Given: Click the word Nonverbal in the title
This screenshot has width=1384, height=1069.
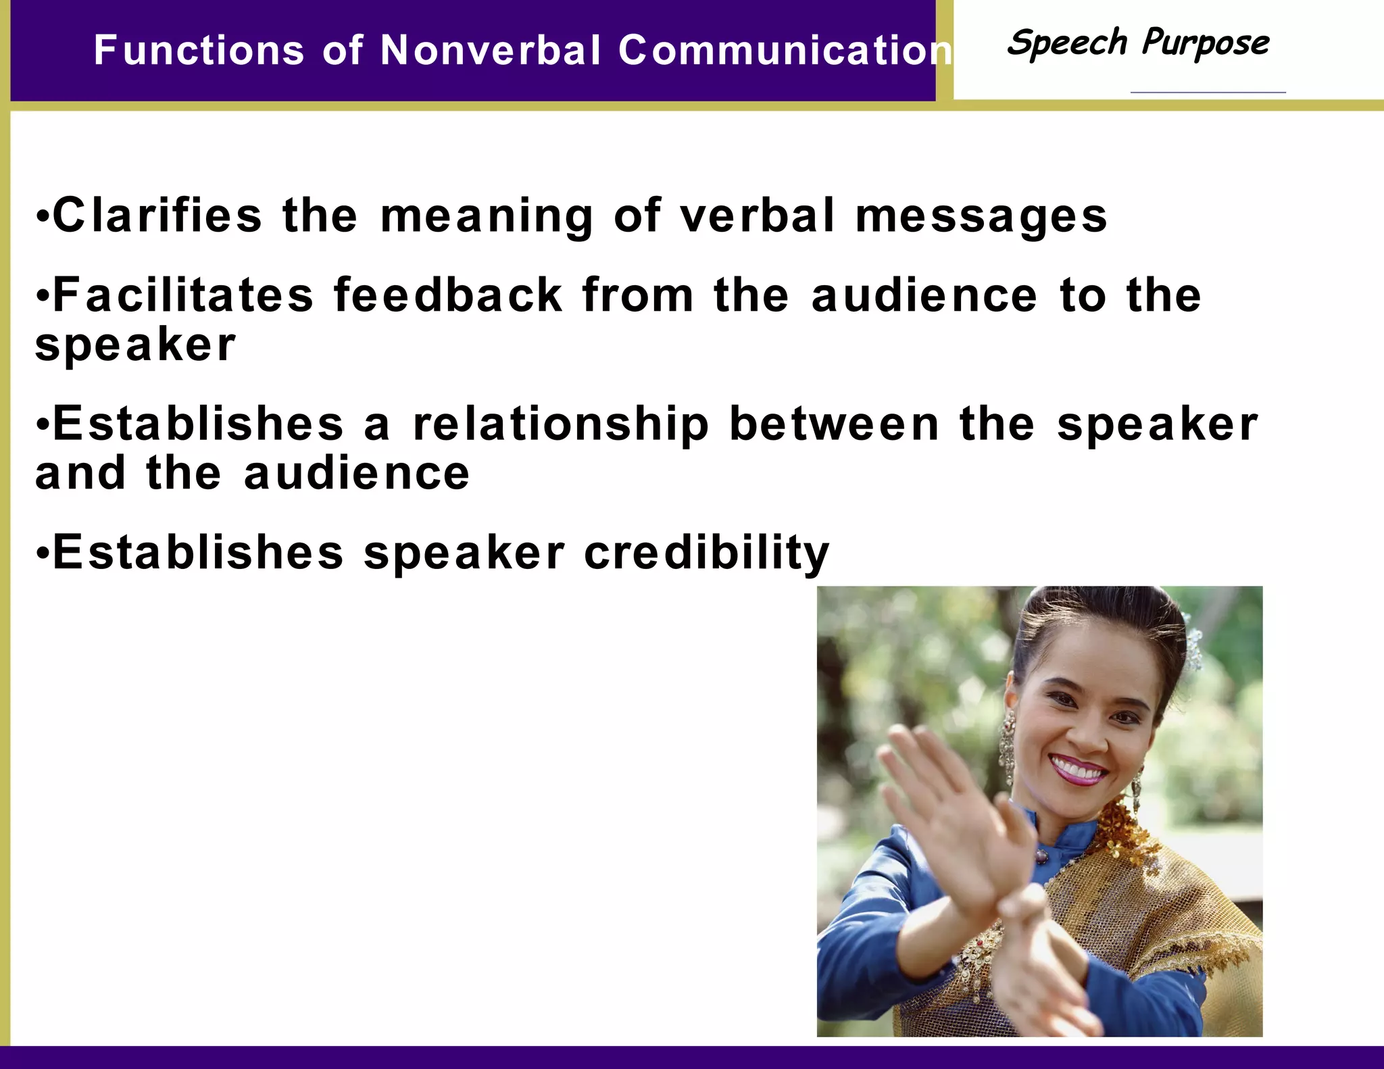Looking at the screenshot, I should click(x=490, y=51).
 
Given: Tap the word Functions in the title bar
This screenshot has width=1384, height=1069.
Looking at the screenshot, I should click(x=199, y=51).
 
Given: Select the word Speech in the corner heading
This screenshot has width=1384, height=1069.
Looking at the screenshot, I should click(x=1067, y=44).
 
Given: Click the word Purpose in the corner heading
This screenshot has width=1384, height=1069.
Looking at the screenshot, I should click(x=1206, y=44).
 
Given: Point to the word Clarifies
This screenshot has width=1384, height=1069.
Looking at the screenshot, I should click(x=157, y=216).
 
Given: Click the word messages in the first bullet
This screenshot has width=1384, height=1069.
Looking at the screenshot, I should click(x=981, y=217).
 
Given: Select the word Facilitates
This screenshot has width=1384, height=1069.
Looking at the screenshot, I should click(x=183, y=295).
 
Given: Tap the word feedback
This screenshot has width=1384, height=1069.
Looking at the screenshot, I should click(x=448, y=295).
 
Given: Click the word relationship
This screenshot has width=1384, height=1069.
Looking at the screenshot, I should click(x=561, y=425).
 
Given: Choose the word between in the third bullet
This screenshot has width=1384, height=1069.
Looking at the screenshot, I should click(x=835, y=424).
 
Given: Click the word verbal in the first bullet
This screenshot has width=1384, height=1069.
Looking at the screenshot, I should click(x=758, y=216).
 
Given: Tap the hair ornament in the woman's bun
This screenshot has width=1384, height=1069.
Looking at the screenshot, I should click(x=1193, y=645).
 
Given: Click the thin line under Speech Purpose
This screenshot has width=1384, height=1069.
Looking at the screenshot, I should click(x=1208, y=92).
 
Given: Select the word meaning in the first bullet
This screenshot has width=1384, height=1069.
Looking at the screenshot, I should click(x=487, y=217).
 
